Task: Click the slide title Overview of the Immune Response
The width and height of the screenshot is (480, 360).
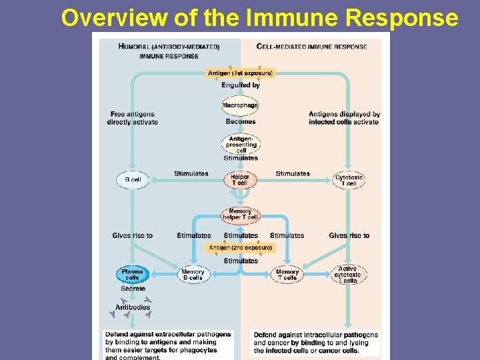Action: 259,18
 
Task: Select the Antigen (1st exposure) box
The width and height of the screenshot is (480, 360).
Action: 241,73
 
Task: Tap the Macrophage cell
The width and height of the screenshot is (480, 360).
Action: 240,105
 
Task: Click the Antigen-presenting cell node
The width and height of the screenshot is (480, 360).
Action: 241,143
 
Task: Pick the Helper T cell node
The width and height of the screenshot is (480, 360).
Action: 240,179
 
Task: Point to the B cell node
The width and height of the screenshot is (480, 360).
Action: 133,180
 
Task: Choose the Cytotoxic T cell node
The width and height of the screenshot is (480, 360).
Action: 349,180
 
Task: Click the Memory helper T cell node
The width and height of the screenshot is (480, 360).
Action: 240,215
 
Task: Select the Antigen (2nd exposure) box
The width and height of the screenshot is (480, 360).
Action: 241,248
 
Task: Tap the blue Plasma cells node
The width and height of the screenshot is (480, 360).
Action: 132,275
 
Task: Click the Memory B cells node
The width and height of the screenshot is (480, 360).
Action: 193,275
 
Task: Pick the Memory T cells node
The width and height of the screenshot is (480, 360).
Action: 287,275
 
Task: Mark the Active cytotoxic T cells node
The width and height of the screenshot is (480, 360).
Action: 349,275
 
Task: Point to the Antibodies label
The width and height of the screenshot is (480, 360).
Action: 133,307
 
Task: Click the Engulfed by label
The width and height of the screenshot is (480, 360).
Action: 241,85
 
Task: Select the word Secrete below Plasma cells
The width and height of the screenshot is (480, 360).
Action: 133,289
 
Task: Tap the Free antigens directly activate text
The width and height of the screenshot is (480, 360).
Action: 133,118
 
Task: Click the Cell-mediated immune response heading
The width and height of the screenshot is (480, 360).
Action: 311,47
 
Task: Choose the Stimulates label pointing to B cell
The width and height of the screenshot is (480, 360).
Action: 191,174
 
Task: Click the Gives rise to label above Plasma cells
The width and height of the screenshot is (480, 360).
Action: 133,235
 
